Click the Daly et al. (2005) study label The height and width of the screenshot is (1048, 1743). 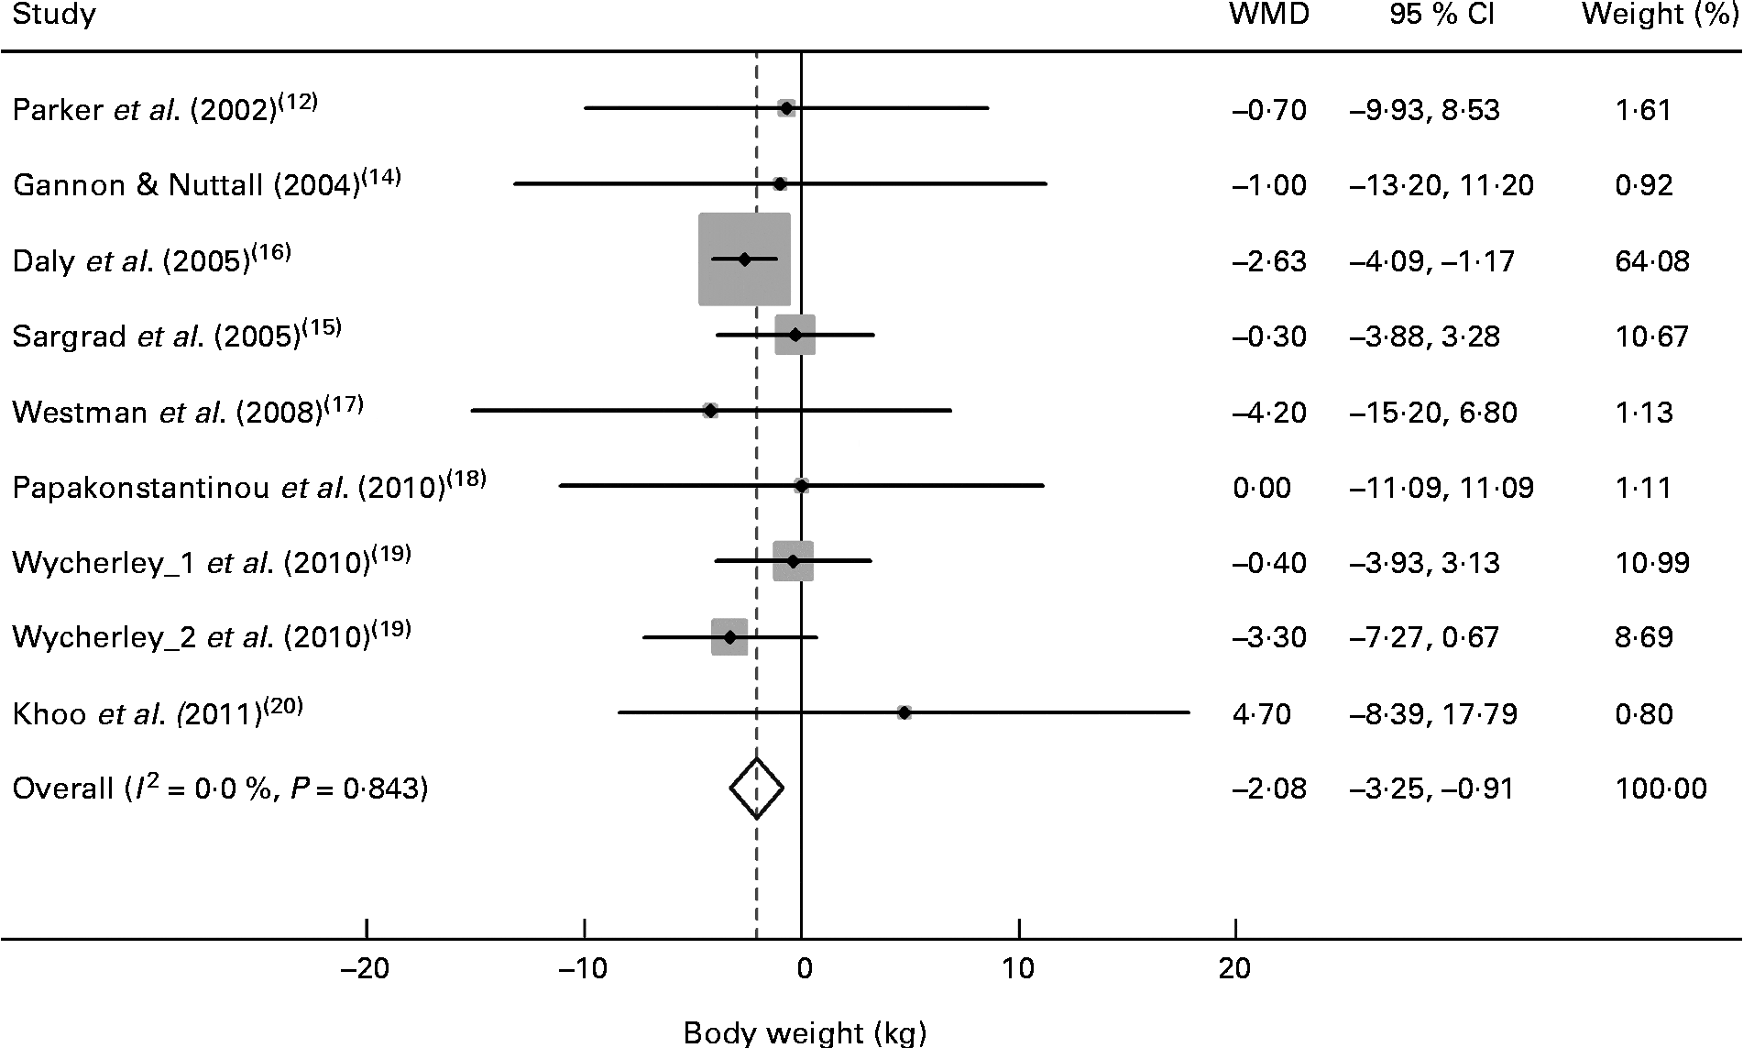[151, 260]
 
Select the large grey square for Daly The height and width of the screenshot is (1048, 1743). [744, 259]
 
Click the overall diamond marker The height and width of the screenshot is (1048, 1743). [756, 789]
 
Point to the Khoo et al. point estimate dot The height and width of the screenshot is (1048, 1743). [904, 712]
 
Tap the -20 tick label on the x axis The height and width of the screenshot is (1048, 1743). [366, 968]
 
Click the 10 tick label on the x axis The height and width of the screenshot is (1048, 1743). [1018, 968]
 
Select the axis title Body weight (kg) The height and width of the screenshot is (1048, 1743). [805, 1032]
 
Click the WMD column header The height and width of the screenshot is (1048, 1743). [1268, 15]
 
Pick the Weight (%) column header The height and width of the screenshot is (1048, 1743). [1660, 15]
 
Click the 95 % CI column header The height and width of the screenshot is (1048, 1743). [1442, 15]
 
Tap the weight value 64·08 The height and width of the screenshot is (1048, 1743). [1652, 261]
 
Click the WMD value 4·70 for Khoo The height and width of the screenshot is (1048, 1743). [1262, 713]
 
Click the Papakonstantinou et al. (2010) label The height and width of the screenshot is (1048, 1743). [248, 486]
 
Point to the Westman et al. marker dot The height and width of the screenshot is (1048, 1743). [710, 411]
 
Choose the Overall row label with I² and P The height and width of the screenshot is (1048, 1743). [220, 789]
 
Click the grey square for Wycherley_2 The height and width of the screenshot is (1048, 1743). [729, 637]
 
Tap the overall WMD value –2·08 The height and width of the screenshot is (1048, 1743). [1269, 789]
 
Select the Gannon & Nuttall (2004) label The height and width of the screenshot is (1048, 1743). [206, 184]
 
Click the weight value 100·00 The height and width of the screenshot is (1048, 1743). [1661, 789]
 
